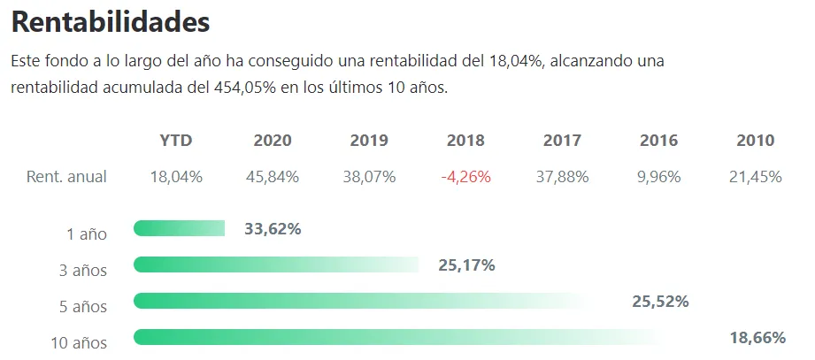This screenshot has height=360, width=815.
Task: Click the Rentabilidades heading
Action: click(x=111, y=21)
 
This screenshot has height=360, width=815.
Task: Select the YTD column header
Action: click(x=176, y=141)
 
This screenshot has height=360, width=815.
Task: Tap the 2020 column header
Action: click(x=273, y=141)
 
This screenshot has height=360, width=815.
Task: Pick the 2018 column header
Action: click(x=465, y=141)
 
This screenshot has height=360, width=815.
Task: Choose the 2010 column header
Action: click(x=755, y=141)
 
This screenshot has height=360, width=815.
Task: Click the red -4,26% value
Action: click(x=465, y=177)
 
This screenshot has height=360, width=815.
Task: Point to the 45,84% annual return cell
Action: click(x=273, y=177)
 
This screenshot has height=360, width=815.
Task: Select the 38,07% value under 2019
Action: click(x=369, y=177)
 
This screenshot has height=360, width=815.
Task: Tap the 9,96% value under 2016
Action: click(x=658, y=177)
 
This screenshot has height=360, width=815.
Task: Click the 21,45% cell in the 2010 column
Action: click(x=755, y=177)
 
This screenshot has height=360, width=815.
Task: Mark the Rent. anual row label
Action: click(x=66, y=177)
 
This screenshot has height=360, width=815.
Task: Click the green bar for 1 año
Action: click(x=180, y=229)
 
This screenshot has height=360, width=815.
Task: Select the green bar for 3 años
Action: click(x=275, y=264)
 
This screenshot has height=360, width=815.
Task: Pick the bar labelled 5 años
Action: click(x=358, y=301)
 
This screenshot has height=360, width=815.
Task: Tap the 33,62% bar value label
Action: click(x=273, y=229)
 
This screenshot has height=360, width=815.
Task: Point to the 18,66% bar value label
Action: click(x=757, y=338)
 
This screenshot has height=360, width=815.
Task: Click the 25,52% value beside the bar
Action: click(x=660, y=302)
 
